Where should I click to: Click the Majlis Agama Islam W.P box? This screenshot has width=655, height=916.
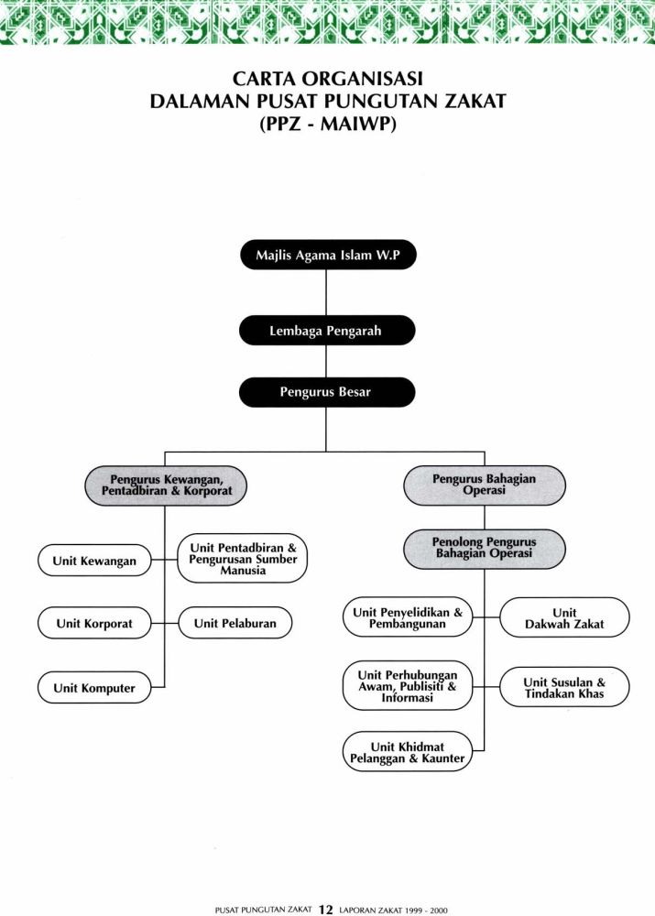click(328, 255)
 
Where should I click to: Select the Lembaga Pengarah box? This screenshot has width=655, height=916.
click(327, 331)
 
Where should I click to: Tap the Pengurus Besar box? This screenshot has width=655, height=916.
click(327, 392)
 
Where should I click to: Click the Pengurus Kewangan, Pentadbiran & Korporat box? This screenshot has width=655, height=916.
click(166, 485)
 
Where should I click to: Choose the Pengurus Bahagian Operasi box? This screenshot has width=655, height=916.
click(485, 485)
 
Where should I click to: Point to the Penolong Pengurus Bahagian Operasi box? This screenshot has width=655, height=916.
click(485, 549)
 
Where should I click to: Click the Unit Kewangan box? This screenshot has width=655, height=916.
click(94, 561)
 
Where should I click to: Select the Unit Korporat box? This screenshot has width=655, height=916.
click(94, 623)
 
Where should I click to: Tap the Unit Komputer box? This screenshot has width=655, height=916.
click(94, 688)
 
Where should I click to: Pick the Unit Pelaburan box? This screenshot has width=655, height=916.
click(235, 623)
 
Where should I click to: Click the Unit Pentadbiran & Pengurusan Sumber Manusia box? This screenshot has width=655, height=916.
click(243, 559)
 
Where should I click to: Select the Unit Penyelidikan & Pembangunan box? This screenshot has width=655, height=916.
click(408, 617)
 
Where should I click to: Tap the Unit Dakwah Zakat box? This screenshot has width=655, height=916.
click(564, 617)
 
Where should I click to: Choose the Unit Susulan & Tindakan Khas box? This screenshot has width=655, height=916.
click(564, 687)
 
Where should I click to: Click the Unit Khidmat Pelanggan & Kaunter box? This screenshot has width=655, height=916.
click(408, 752)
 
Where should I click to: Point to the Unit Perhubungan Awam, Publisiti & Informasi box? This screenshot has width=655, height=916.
click(408, 686)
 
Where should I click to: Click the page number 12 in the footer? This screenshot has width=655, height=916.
click(325, 909)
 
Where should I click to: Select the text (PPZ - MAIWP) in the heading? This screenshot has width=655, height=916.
click(328, 125)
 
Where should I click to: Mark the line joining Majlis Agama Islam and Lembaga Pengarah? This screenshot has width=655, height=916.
click(326, 293)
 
